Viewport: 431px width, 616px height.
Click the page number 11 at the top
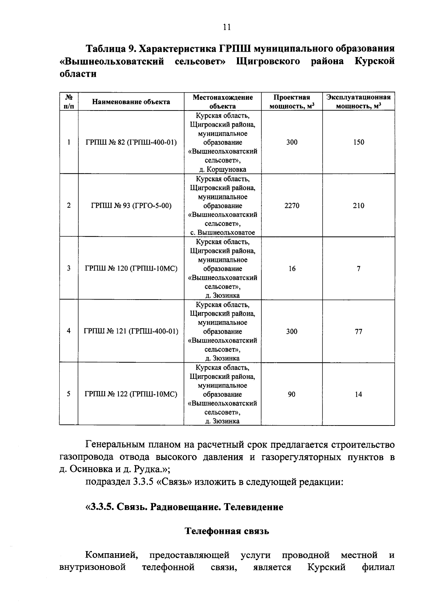pos(227,28)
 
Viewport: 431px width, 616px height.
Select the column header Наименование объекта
pos(131,102)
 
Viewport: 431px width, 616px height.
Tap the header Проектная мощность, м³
pos(292,102)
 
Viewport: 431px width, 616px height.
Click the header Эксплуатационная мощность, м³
pos(358,102)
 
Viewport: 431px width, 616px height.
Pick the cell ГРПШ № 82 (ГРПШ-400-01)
pos(131,142)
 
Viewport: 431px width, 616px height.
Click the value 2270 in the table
pos(292,206)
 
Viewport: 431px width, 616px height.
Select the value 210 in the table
pos(358,206)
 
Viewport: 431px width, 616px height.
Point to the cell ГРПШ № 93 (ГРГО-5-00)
pos(131,206)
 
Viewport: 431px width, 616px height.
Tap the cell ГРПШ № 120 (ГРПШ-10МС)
pos(131,269)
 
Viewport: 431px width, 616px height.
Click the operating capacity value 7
pos(358,269)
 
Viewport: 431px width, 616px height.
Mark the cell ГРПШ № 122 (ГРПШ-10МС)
pos(131,395)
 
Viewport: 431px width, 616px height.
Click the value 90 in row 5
pos(292,395)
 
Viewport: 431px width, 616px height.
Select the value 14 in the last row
pos(358,395)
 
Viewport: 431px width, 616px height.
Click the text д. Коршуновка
pos(223,170)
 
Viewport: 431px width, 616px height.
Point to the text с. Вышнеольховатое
pos(223,232)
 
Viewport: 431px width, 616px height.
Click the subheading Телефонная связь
pos(227,531)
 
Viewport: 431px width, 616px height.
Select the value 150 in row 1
pos(358,142)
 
